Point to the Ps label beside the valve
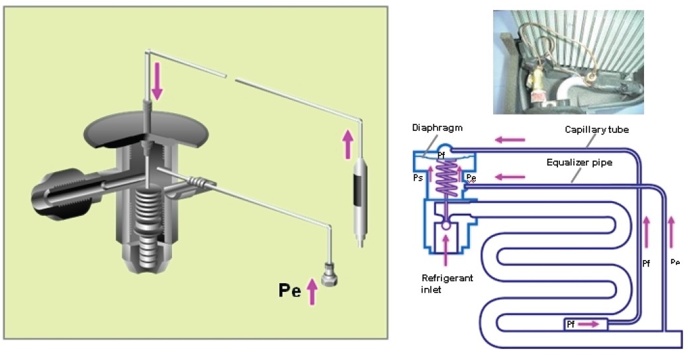(x=418, y=177)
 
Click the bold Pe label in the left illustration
(x=289, y=291)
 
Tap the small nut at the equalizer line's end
(x=328, y=273)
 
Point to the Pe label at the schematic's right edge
(x=675, y=262)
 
